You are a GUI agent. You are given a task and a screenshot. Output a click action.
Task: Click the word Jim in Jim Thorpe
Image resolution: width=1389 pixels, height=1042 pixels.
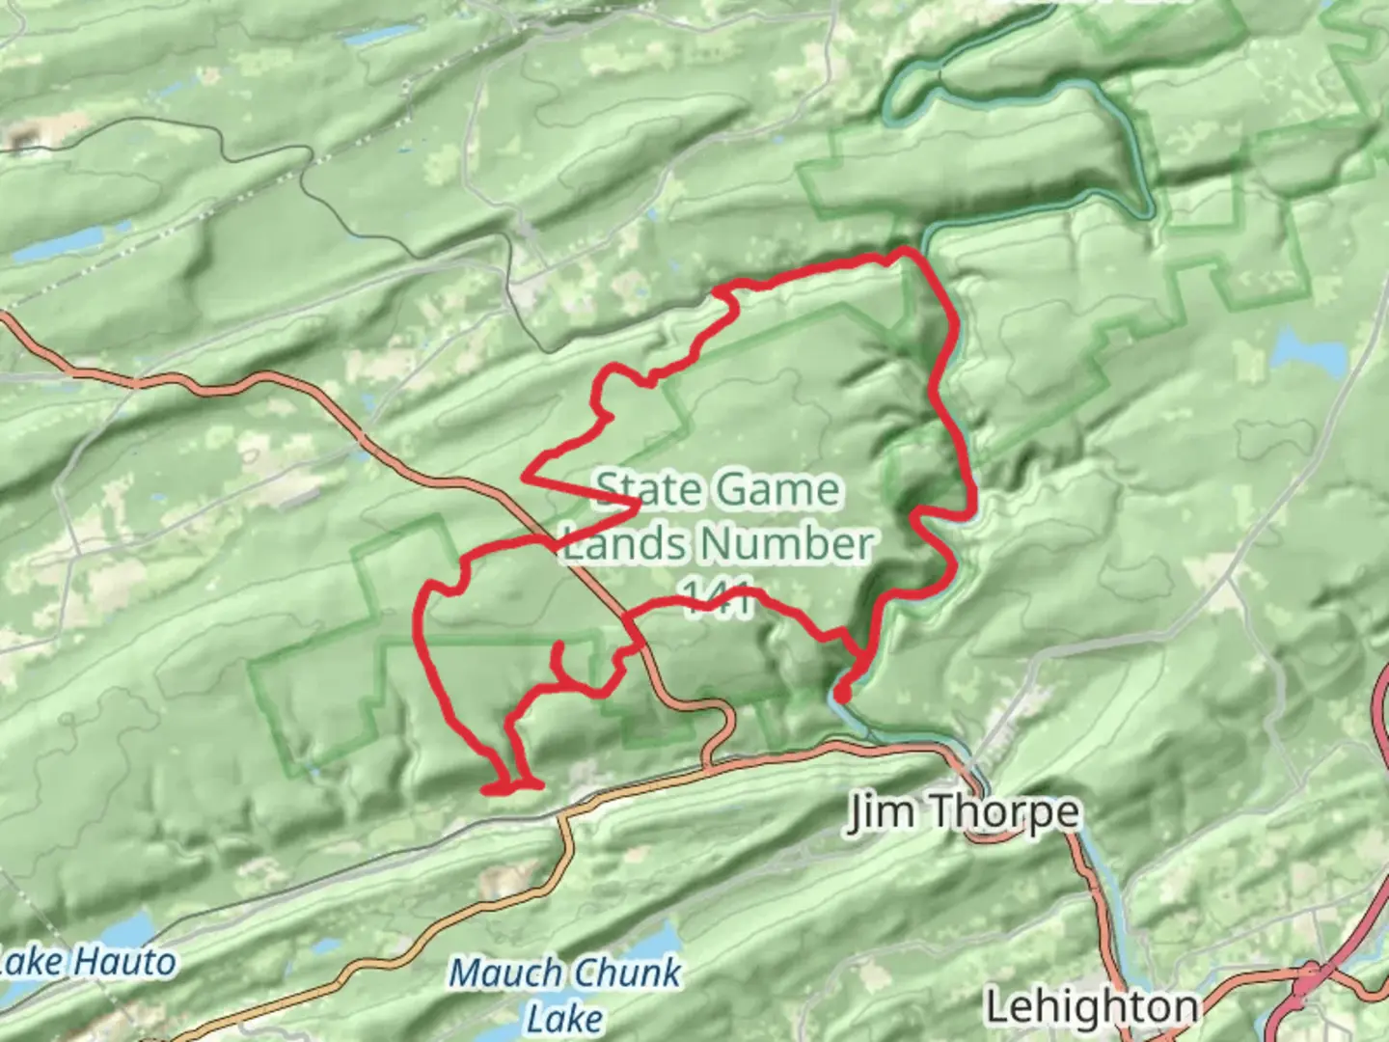880,812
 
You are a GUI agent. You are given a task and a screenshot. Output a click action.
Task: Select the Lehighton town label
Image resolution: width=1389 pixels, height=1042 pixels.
1091,1007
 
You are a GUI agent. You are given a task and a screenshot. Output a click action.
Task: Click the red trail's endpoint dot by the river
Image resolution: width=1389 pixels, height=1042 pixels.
841,693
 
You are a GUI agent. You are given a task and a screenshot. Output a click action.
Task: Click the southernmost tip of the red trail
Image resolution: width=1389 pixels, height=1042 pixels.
486,791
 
